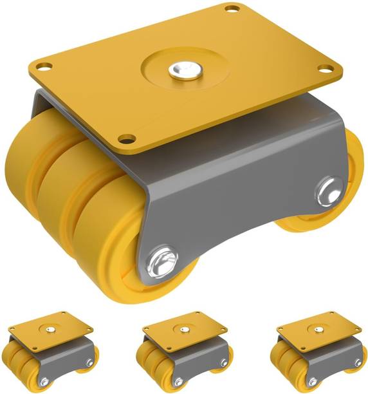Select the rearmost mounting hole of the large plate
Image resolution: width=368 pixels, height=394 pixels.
tap(229, 9)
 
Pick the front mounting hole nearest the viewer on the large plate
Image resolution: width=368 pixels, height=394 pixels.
tap(127, 138)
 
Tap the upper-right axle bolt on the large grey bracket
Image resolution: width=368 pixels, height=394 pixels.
tap(329, 189)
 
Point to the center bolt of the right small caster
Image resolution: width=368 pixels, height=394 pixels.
tap(320, 330)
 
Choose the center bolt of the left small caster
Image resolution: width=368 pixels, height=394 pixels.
tap(48, 330)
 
